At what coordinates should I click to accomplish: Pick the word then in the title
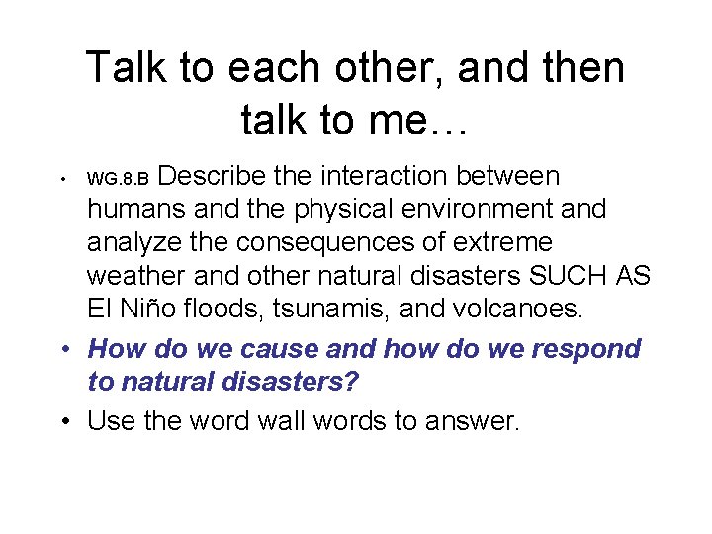pyautogui.click(x=578, y=69)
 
